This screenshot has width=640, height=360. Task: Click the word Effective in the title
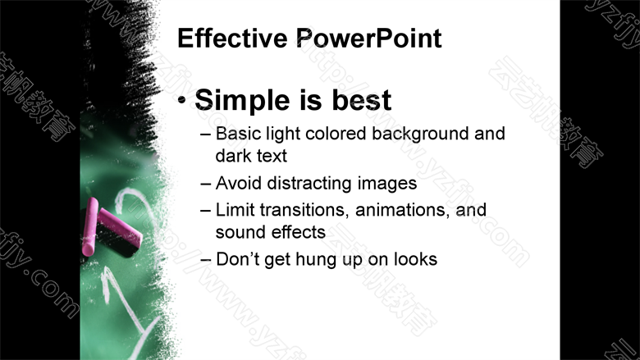click(232, 38)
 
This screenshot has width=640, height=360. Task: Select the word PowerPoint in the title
click(368, 38)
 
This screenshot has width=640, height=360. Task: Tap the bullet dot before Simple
click(182, 100)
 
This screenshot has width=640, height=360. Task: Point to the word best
click(362, 100)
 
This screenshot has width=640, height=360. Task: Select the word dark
click(233, 156)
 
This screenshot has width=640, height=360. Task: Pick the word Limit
click(235, 210)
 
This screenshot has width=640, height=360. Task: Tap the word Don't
click(237, 259)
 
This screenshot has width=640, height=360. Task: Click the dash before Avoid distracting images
click(206, 184)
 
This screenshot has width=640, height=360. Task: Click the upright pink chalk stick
click(89, 226)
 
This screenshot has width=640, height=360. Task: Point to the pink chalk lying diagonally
click(120, 227)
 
